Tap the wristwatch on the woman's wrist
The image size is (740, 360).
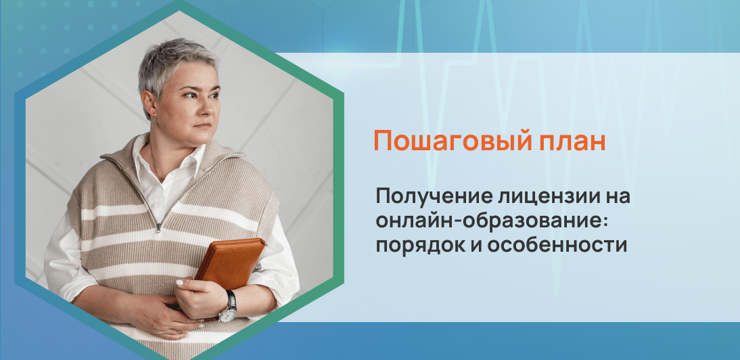pos(229,307)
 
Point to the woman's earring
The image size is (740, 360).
pos(154,119)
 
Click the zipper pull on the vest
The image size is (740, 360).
pos(159,227)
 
